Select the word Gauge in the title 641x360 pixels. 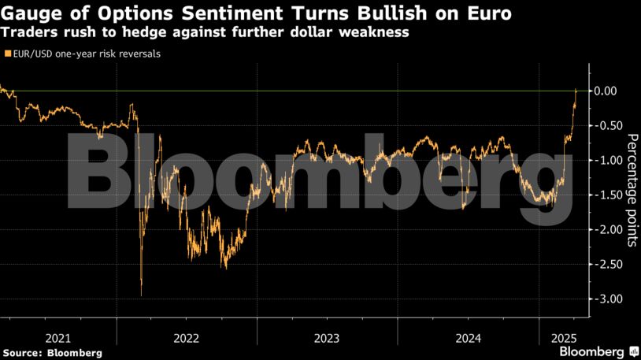tap(31, 13)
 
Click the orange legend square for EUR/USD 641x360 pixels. tap(8, 55)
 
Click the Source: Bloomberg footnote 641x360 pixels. tap(52, 352)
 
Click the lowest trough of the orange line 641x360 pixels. tap(141, 295)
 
